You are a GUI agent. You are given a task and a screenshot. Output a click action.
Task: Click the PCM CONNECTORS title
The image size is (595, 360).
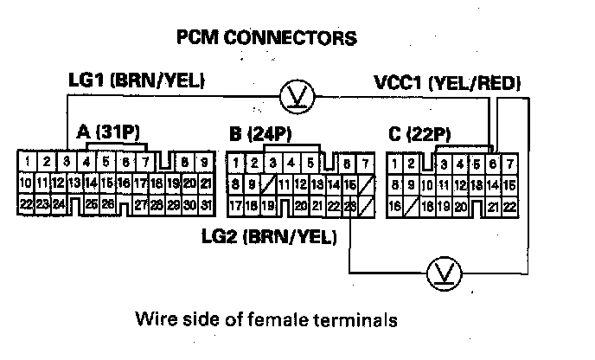266,38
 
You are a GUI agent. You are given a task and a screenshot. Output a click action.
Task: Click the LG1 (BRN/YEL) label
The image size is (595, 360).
137,81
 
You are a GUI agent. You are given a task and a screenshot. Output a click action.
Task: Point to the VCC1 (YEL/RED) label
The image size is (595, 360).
446,84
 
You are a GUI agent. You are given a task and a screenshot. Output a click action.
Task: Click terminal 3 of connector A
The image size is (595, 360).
67,161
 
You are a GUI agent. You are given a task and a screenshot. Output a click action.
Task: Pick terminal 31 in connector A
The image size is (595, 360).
205,205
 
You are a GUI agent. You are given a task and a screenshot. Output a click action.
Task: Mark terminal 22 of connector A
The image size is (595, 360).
26,204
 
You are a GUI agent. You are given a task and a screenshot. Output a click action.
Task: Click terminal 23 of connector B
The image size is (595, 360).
349,205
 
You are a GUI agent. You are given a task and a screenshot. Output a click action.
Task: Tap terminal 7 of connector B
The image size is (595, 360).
367,163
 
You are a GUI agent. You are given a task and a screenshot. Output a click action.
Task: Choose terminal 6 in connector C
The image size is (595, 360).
493,163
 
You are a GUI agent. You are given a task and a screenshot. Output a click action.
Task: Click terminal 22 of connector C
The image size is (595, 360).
509,206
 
